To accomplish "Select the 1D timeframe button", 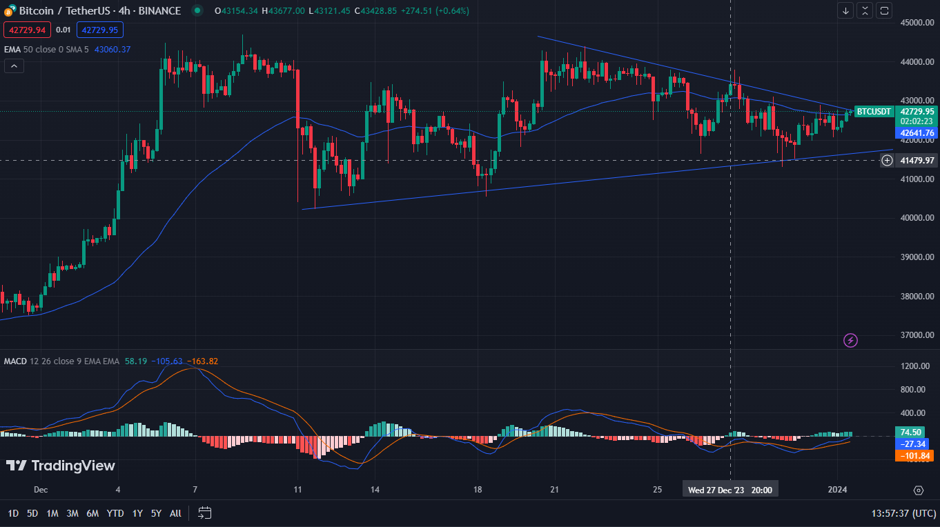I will click(13, 513).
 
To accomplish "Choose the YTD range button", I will click(115, 513).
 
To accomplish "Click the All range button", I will click(175, 513).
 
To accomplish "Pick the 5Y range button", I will click(156, 513).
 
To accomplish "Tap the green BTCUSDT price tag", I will click(874, 111).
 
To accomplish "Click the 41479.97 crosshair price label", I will click(917, 161).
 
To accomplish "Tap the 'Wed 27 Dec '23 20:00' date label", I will click(730, 490).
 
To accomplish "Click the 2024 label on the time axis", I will click(839, 490).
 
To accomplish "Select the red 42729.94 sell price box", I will click(28, 30).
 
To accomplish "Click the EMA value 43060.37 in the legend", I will click(112, 50).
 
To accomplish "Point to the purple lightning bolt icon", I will click(851, 340).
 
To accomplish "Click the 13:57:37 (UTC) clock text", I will click(903, 513).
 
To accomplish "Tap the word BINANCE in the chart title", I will click(159, 10).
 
